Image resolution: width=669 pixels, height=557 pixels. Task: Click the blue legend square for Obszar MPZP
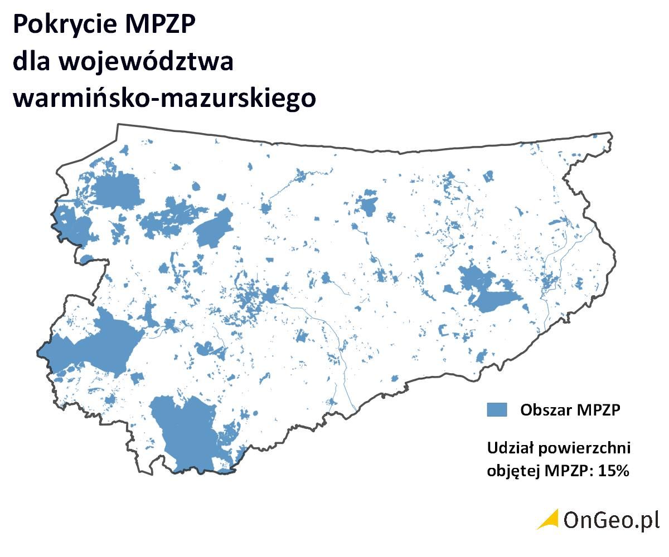(497, 409)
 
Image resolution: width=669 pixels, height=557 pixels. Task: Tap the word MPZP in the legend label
(599, 410)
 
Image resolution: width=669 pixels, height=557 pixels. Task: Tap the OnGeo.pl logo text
(611, 520)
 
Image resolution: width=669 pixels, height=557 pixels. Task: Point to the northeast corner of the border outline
(611, 134)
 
